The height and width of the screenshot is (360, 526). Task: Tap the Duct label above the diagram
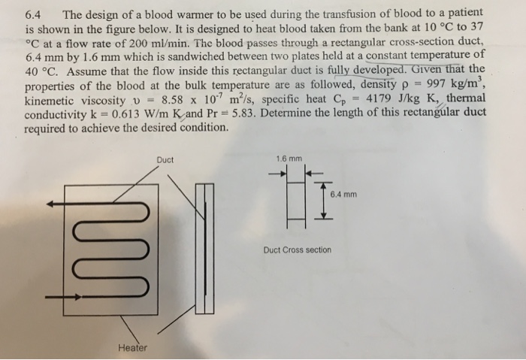166,159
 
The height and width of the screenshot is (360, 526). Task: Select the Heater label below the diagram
132,347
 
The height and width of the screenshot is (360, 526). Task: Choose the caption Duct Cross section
297,250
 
